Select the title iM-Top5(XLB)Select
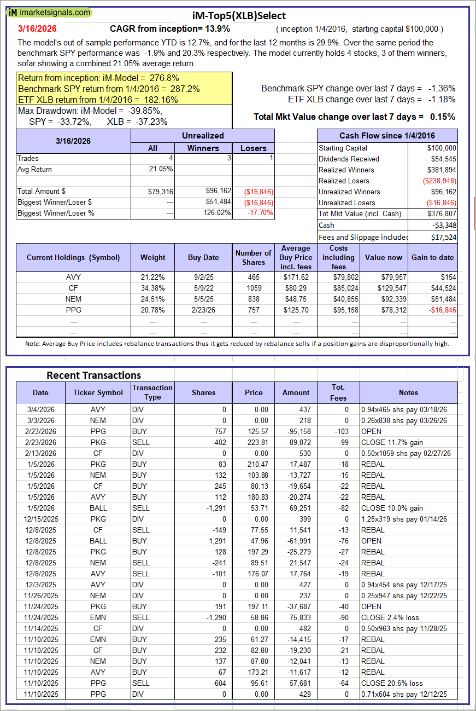click(x=239, y=16)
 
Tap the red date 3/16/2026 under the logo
click(x=37, y=28)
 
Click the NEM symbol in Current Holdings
click(x=73, y=298)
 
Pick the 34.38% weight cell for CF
click(x=152, y=288)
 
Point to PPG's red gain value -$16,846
click(x=442, y=310)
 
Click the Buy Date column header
click(x=203, y=257)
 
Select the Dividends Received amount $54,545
click(x=442, y=159)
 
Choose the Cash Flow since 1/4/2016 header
click(x=387, y=136)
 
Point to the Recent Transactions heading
click(x=93, y=375)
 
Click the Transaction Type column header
click(x=152, y=392)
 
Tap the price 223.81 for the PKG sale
click(x=254, y=442)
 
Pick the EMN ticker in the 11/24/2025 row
click(x=98, y=617)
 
